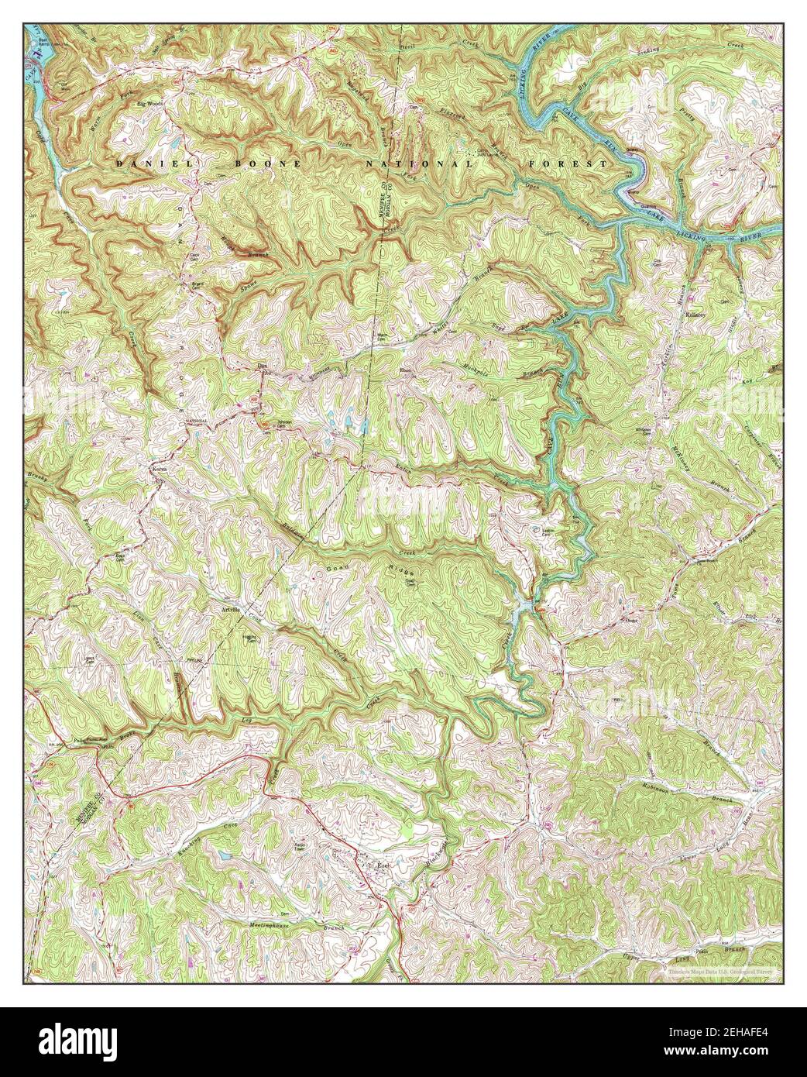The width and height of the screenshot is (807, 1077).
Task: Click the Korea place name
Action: pyautogui.click(x=159, y=470)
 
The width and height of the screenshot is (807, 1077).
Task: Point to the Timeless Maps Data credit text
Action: pyautogui.click(x=723, y=969)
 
